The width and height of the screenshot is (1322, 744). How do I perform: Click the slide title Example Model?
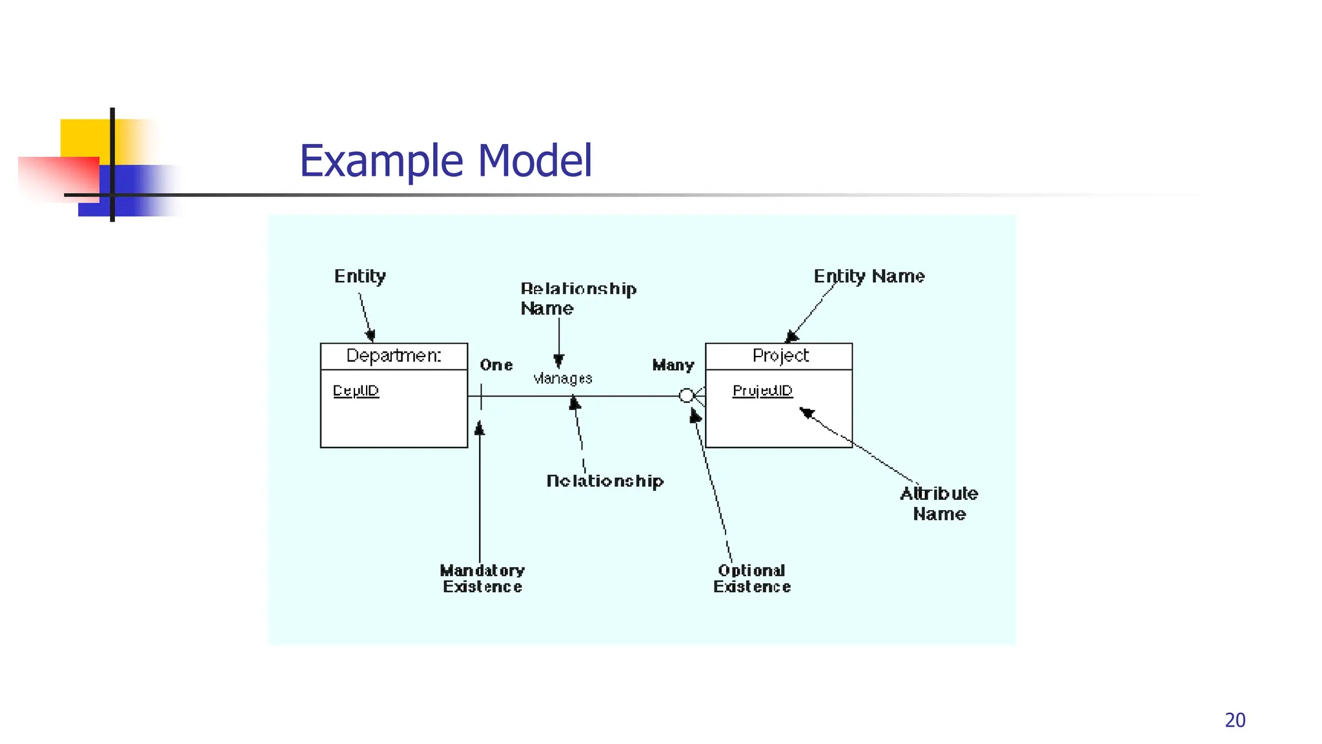pyautogui.click(x=445, y=161)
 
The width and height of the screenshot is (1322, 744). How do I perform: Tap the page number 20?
pyautogui.click(x=1235, y=720)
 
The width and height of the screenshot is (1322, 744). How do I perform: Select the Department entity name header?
pyautogui.click(x=394, y=356)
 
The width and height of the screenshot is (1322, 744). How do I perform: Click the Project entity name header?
pyautogui.click(x=780, y=356)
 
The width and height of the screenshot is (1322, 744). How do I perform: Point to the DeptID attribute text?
pyautogui.click(x=356, y=391)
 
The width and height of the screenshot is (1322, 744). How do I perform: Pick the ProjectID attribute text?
pyautogui.click(x=762, y=391)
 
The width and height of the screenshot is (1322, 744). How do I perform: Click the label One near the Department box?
pyautogui.click(x=496, y=366)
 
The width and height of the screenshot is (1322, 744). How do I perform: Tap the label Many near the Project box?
pyautogui.click(x=673, y=366)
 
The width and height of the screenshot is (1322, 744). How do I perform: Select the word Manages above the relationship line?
pyautogui.click(x=563, y=378)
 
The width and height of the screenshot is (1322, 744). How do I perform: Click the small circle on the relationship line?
pyautogui.click(x=687, y=395)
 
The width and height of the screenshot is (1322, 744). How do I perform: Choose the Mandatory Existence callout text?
pyautogui.click(x=482, y=579)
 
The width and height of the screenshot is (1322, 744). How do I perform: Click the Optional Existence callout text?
pyautogui.click(x=752, y=579)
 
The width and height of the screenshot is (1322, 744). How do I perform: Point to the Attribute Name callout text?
pyautogui.click(x=939, y=504)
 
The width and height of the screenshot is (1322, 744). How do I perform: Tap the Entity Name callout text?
pyautogui.click(x=869, y=276)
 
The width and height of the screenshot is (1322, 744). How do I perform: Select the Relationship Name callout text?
pyautogui.click(x=578, y=298)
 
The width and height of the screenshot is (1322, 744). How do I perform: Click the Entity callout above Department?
pyautogui.click(x=360, y=276)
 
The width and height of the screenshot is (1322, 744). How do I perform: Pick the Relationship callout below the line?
pyautogui.click(x=605, y=481)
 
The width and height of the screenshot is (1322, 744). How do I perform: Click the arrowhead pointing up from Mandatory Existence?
pyautogui.click(x=480, y=428)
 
